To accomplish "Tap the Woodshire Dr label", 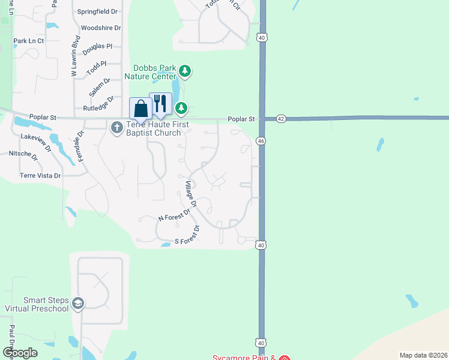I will click(101, 28).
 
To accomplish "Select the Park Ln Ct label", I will click(29, 41).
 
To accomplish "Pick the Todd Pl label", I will click(96, 67).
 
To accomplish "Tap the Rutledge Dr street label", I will click(98, 104).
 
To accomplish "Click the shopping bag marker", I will click(141, 109).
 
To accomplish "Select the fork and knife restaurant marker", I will click(160, 104).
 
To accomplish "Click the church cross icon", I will click(116, 126).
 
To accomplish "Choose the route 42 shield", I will click(281, 119).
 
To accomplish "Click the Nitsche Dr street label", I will click(23, 155).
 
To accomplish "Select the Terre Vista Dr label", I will click(40, 176).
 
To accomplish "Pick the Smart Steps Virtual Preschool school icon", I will click(77, 304).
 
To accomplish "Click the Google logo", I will click(20, 353).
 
